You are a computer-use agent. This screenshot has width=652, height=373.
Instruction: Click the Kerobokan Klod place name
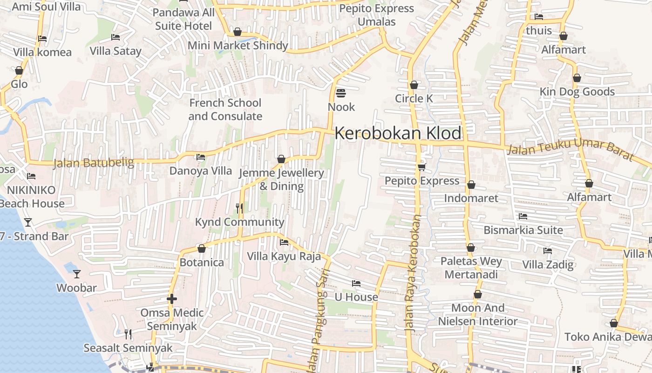[x=398, y=133]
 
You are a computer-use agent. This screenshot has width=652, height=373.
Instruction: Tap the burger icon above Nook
[x=341, y=93]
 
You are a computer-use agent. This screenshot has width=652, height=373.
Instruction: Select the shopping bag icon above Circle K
[x=414, y=85]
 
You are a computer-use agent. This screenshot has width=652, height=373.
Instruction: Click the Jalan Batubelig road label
[x=94, y=163]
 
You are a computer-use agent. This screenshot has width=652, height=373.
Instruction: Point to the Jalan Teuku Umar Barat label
[x=570, y=150]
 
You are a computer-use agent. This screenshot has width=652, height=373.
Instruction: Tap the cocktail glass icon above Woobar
[x=77, y=274]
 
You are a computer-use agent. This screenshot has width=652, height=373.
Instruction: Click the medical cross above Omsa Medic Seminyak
[x=172, y=298]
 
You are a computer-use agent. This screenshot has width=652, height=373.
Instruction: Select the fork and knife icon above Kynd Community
[x=239, y=208]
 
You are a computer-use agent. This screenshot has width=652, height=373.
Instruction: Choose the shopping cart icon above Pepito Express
[x=421, y=167]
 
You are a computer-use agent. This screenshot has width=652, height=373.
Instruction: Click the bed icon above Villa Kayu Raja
[x=284, y=242]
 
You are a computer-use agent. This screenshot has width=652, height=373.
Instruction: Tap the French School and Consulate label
[x=225, y=110]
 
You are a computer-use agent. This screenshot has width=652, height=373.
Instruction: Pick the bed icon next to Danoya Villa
[x=201, y=157]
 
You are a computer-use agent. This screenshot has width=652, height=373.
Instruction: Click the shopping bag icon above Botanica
[x=202, y=249]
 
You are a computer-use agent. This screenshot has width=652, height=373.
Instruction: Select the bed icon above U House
[x=356, y=283]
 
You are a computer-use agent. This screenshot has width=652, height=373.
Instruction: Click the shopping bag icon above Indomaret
[x=471, y=185]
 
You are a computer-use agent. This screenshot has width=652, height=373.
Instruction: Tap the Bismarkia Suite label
[x=523, y=230]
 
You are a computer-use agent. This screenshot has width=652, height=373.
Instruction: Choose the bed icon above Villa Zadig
[x=548, y=251]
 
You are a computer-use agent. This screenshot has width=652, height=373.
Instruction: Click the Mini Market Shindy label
[x=238, y=46]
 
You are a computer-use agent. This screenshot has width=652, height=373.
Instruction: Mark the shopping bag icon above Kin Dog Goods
[x=577, y=78]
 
